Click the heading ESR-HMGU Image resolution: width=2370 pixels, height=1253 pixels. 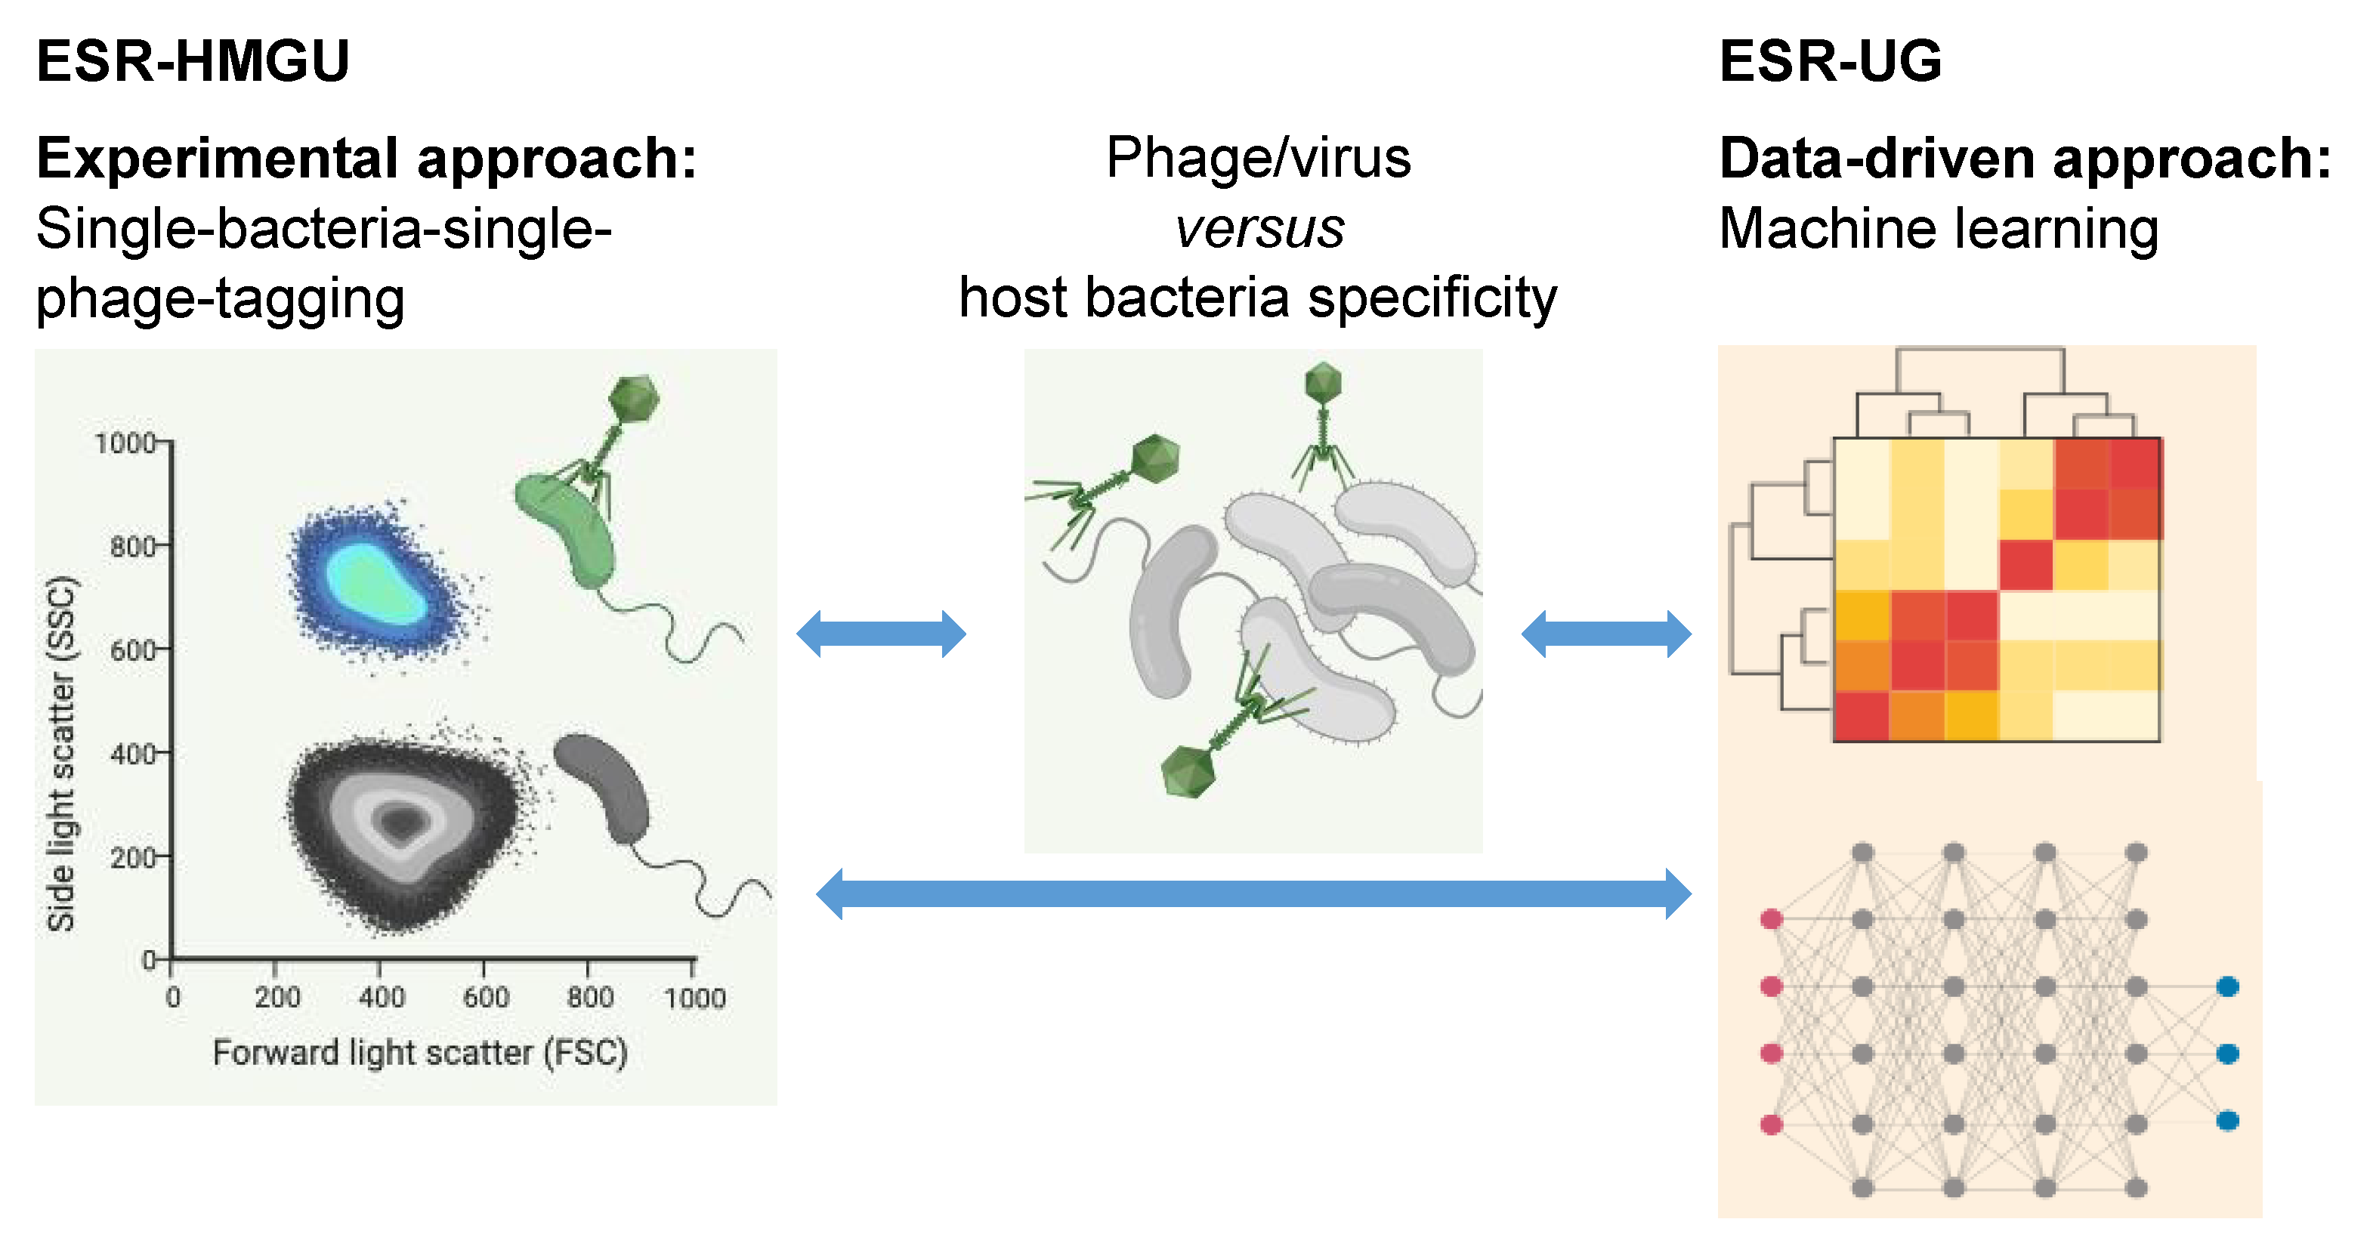(193, 62)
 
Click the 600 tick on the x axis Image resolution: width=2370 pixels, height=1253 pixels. (485, 996)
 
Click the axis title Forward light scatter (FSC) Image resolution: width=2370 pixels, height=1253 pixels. (419, 1051)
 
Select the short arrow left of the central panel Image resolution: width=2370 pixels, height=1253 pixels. (880, 634)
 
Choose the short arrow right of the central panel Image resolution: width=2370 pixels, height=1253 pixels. (1605, 634)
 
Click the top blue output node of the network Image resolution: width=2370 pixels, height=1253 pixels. (2226, 987)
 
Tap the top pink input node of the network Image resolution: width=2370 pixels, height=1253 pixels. (1771, 919)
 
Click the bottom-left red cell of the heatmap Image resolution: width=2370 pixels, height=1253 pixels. (1862, 716)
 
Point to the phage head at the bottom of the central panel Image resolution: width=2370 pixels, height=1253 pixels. (1188, 771)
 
